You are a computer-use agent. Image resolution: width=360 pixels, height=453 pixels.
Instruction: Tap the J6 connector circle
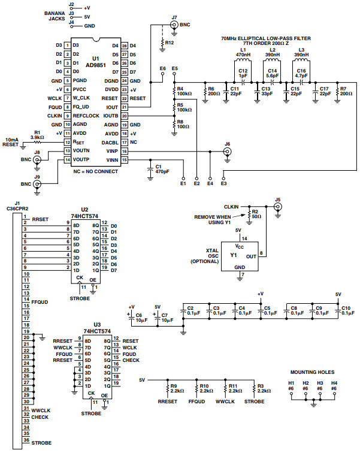tap(227, 152)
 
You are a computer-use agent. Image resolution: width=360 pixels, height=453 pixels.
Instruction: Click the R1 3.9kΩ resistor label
tap(37, 135)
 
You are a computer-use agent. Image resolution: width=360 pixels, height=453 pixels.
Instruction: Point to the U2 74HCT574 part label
tap(80, 215)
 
